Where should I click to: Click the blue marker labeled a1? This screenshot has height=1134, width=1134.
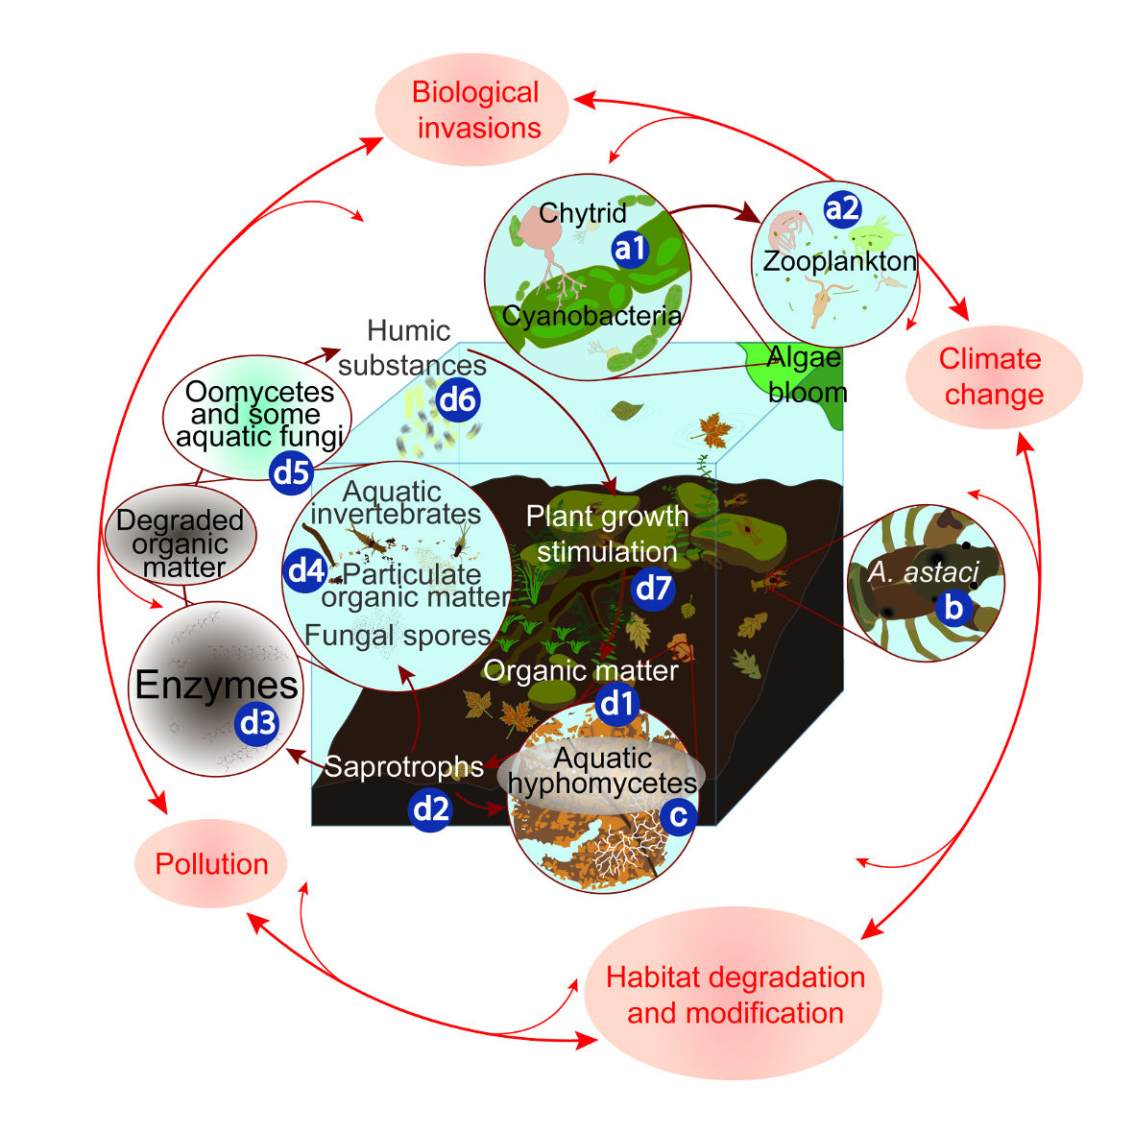[630, 250]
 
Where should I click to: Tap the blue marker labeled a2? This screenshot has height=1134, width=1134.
[842, 209]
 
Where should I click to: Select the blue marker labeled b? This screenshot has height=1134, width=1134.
[953, 607]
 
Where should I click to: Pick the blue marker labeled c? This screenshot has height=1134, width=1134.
[678, 816]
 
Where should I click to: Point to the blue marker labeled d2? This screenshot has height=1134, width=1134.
[430, 810]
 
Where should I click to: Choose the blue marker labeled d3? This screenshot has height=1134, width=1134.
[257, 722]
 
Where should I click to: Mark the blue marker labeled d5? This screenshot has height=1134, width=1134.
[291, 473]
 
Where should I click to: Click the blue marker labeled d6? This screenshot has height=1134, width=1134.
[458, 399]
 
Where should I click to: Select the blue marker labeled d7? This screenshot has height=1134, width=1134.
[653, 587]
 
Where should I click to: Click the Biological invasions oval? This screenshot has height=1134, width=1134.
[474, 109]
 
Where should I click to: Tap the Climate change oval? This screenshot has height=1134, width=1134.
[993, 376]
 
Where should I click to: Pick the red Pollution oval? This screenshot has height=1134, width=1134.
[211, 863]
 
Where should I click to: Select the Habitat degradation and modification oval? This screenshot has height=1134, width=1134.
[734, 995]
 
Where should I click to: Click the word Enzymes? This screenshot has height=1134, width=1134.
[216, 686]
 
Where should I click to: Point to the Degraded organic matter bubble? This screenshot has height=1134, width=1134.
[180, 543]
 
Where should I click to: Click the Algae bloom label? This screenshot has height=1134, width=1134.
[806, 374]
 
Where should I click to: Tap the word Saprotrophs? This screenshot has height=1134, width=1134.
[403, 767]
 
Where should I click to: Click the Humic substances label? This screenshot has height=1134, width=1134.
[411, 348]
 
